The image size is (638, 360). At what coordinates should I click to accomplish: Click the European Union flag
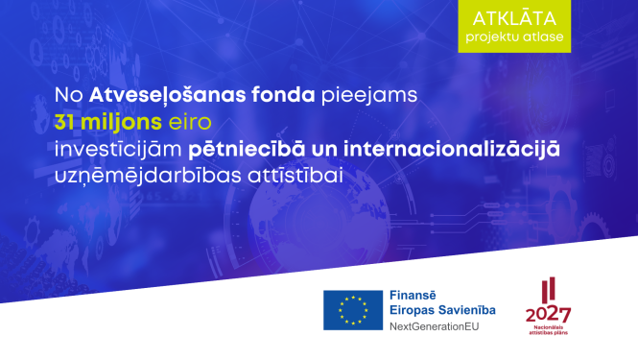click(x=351, y=309)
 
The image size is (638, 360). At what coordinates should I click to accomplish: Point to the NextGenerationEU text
click(x=435, y=326)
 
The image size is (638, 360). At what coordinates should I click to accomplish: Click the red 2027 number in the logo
click(x=548, y=314)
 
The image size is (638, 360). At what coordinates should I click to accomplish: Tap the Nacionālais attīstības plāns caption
click(x=548, y=333)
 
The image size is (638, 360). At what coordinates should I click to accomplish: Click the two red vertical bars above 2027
click(x=547, y=289)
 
